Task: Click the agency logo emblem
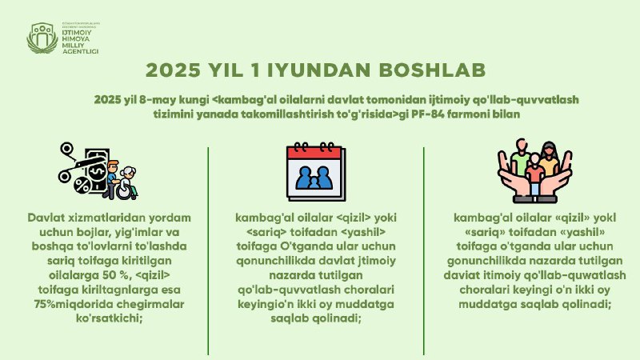[x=42, y=38]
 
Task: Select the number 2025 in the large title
[x=173, y=70]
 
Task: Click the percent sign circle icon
[x=82, y=186]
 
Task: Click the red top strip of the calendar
[x=314, y=153]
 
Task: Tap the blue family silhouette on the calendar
[x=314, y=178]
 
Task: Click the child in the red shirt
[x=534, y=174]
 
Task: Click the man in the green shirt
[x=521, y=157]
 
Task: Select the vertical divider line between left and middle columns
[x=208, y=251]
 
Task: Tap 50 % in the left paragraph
[x=115, y=275]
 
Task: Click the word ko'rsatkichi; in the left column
[x=109, y=318]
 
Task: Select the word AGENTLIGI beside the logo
[x=80, y=51]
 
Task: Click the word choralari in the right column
[x=484, y=290]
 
